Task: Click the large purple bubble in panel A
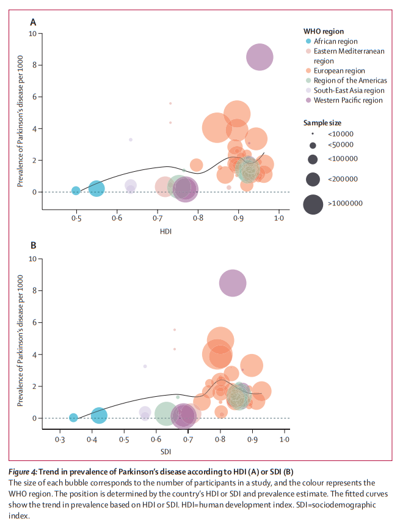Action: click(260, 57)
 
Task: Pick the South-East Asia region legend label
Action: click(349, 90)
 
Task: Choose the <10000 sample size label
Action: click(340, 134)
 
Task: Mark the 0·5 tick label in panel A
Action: click(76, 218)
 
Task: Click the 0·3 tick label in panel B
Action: click(59, 440)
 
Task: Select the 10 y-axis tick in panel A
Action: click(31, 33)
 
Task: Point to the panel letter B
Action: click(33, 246)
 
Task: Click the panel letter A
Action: click(33, 23)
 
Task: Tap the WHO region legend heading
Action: click(323, 31)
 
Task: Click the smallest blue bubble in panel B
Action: click(73, 418)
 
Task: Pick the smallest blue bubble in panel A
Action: click(76, 191)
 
